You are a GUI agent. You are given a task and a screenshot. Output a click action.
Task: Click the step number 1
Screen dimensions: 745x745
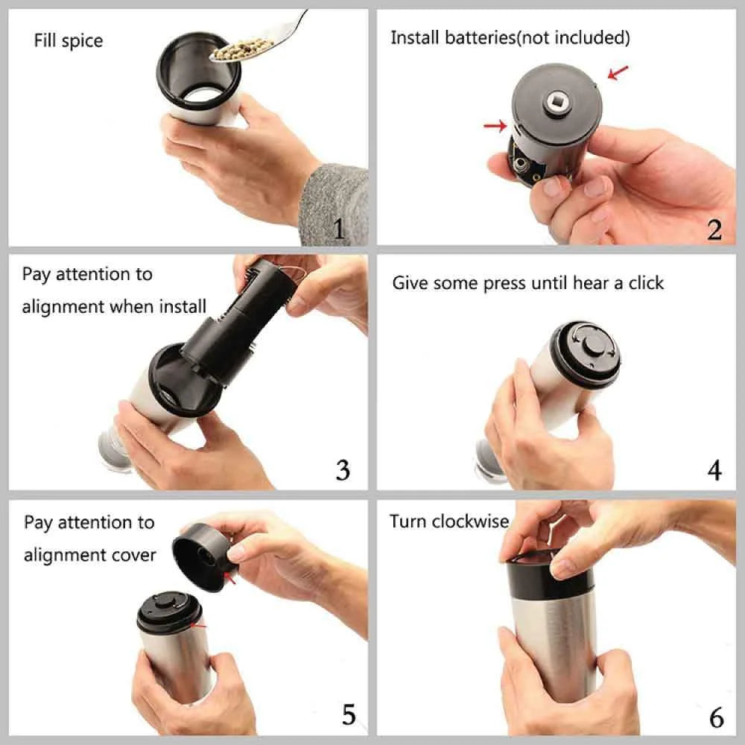339,228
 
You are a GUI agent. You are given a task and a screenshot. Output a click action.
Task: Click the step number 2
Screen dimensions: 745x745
714,229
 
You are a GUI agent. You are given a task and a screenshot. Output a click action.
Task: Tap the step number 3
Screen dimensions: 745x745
342,470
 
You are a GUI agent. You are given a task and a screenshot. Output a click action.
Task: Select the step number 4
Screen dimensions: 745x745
714,470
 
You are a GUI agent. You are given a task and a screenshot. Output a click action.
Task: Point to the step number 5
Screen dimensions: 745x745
348,714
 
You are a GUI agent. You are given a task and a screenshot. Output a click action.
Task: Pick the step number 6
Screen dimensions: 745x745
716,717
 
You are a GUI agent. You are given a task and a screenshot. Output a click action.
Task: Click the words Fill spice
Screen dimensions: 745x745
69,40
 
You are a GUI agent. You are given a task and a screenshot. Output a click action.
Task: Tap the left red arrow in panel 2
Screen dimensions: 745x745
495,126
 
